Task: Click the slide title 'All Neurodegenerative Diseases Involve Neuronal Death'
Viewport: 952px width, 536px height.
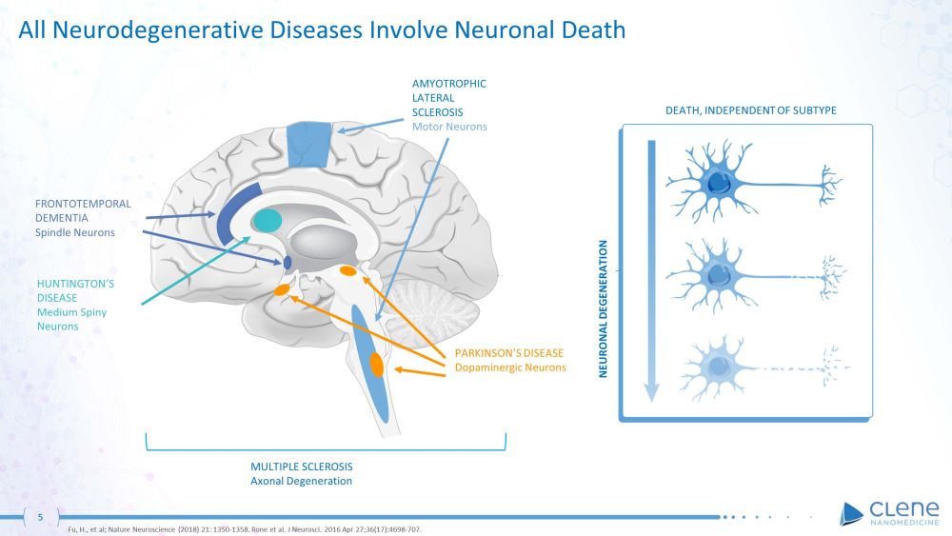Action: pyautogui.click(x=322, y=30)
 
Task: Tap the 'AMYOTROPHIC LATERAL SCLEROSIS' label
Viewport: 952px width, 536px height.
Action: pyautogui.click(x=449, y=97)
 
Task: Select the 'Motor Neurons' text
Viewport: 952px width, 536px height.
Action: pyautogui.click(x=449, y=127)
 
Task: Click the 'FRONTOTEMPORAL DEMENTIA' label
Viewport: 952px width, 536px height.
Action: pyautogui.click(x=83, y=210)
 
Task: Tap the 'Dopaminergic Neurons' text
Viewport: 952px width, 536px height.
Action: pyautogui.click(x=510, y=367)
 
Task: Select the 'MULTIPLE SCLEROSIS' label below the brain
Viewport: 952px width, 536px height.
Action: pyautogui.click(x=302, y=467)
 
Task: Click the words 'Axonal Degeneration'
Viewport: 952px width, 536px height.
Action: pyautogui.click(x=302, y=481)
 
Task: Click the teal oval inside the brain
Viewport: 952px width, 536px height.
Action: pyautogui.click(x=268, y=221)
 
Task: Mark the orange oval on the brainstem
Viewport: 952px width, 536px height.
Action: pyautogui.click(x=376, y=365)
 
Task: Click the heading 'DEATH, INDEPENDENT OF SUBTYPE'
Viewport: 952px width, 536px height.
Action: pyautogui.click(x=750, y=111)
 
